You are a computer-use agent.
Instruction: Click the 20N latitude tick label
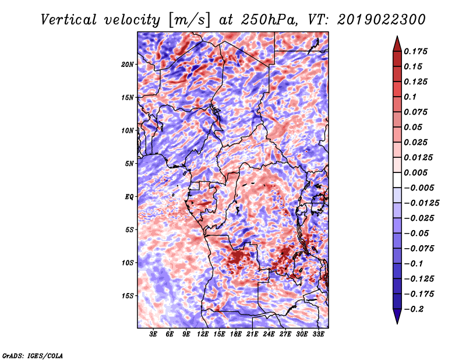(128, 65)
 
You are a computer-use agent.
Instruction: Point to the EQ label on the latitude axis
(129, 197)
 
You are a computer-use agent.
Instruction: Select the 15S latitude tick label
(128, 296)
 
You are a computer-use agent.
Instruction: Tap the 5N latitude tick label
(129, 164)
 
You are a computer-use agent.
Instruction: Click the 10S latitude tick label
(128, 263)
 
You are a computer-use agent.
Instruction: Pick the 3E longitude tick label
(153, 334)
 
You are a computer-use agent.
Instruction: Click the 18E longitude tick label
(236, 334)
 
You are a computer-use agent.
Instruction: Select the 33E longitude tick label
(318, 334)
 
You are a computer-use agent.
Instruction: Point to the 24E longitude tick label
(269, 334)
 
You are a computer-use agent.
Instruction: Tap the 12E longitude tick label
(203, 334)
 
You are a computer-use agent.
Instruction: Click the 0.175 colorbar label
(415, 51)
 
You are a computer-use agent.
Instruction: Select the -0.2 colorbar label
(414, 309)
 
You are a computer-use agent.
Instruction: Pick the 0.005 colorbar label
(415, 172)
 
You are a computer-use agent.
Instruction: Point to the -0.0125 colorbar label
(421, 203)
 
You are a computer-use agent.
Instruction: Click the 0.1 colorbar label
(410, 97)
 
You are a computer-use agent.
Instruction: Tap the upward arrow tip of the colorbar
(397, 36)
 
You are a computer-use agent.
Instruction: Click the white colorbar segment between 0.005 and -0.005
(397, 180)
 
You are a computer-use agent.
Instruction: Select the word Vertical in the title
(69, 20)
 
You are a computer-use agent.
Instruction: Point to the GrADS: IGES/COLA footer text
(33, 355)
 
